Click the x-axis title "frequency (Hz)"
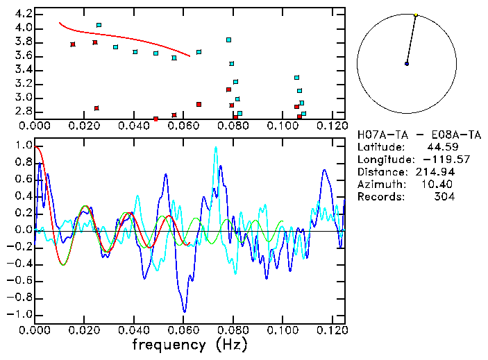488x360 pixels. pyautogui.click(x=189, y=345)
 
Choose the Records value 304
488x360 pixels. pyautogui.click(x=445, y=197)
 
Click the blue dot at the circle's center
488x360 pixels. pyautogui.click(x=407, y=64)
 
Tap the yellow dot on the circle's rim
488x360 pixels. pyautogui.click(x=416, y=15)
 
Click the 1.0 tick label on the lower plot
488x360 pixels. pyautogui.click(x=24, y=146)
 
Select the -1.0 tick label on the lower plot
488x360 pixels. pyautogui.click(x=21, y=314)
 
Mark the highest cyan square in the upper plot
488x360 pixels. pyautogui.click(x=99, y=25)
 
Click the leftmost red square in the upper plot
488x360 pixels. pyautogui.click(x=73, y=44)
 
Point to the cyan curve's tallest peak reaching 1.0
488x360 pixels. pyautogui.click(x=216, y=147)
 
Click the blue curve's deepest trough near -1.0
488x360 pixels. pyautogui.click(x=184, y=311)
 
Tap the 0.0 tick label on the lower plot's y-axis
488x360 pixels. pyautogui.click(x=24, y=230)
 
